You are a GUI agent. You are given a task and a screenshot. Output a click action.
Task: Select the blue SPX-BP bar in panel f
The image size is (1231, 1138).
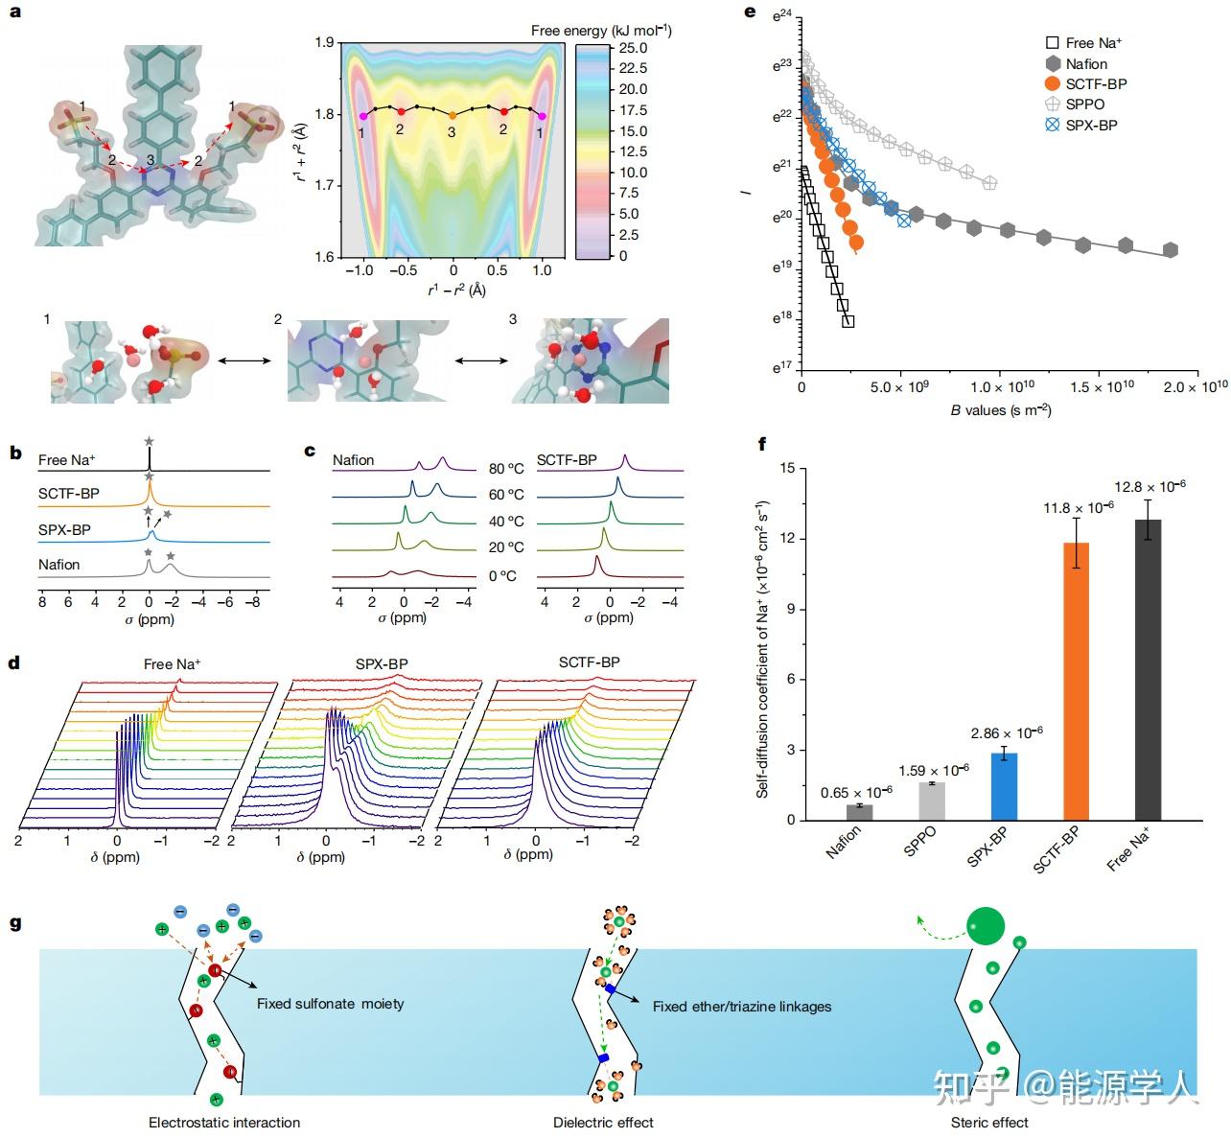(1002, 786)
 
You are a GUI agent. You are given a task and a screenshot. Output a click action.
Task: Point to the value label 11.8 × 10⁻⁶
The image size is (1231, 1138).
(1079, 507)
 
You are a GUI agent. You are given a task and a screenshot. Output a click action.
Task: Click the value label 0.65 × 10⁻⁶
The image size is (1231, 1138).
(857, 792)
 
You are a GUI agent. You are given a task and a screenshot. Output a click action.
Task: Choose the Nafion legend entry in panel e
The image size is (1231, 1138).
(1085, 63)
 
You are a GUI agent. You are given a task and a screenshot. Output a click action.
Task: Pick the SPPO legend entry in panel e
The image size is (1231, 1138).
(1084, 105)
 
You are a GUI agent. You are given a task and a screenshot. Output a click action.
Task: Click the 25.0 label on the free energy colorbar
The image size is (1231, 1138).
(633, 48)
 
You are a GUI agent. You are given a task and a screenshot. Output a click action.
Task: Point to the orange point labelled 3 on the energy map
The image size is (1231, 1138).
(453, 115)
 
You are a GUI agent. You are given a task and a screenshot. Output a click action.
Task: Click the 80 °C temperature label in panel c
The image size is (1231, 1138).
(506, 469)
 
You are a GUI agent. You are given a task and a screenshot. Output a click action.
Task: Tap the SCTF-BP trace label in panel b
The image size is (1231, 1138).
(69, 494)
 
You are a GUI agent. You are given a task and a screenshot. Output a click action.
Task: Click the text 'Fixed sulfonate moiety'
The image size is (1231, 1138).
(330, 1004)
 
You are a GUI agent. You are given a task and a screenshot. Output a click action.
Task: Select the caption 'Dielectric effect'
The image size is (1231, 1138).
(603, 1123)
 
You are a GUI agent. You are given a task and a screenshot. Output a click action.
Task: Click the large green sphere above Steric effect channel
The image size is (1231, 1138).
(985, 925)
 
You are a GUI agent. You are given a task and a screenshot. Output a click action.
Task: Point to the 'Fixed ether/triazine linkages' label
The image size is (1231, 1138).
(741, 1007)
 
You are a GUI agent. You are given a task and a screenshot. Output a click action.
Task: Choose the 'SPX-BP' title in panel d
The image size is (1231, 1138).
(382, 663)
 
